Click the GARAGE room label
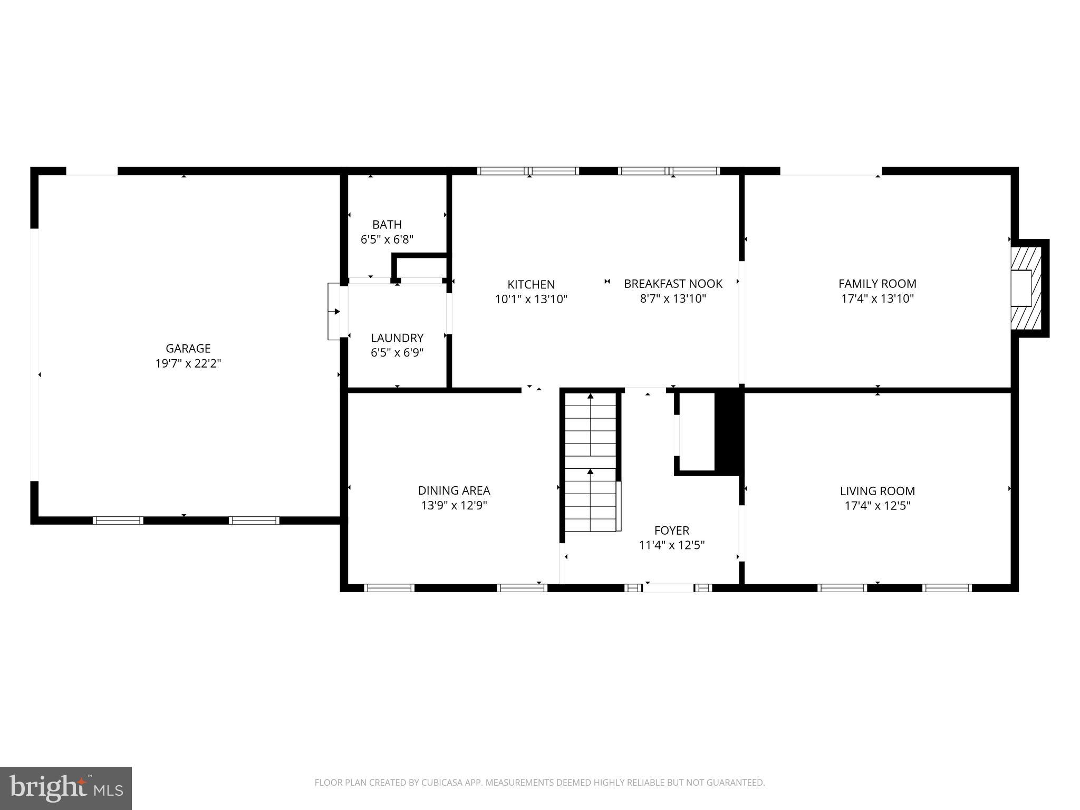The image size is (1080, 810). (188, 348)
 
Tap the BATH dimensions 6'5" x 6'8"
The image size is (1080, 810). (387, 239)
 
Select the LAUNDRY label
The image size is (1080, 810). (397, 337)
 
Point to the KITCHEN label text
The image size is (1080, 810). (531, 284)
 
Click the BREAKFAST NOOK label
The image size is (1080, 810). (673, 284)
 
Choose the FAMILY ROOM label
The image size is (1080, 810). (877, 284)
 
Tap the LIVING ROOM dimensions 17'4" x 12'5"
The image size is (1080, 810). (877, 506)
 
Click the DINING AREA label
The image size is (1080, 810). (454, 490)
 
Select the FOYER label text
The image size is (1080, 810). (672, 530)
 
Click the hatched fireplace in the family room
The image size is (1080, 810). (1027, 288)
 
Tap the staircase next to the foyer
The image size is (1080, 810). (591, 461)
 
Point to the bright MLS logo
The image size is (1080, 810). (66, 788)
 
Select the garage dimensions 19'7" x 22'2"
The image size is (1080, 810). (188, 363)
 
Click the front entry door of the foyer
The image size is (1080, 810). (668, 587)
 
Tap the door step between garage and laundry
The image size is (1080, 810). (334, 311)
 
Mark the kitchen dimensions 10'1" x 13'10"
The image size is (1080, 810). (531, 300)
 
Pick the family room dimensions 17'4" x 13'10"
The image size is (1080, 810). (877, 298)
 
